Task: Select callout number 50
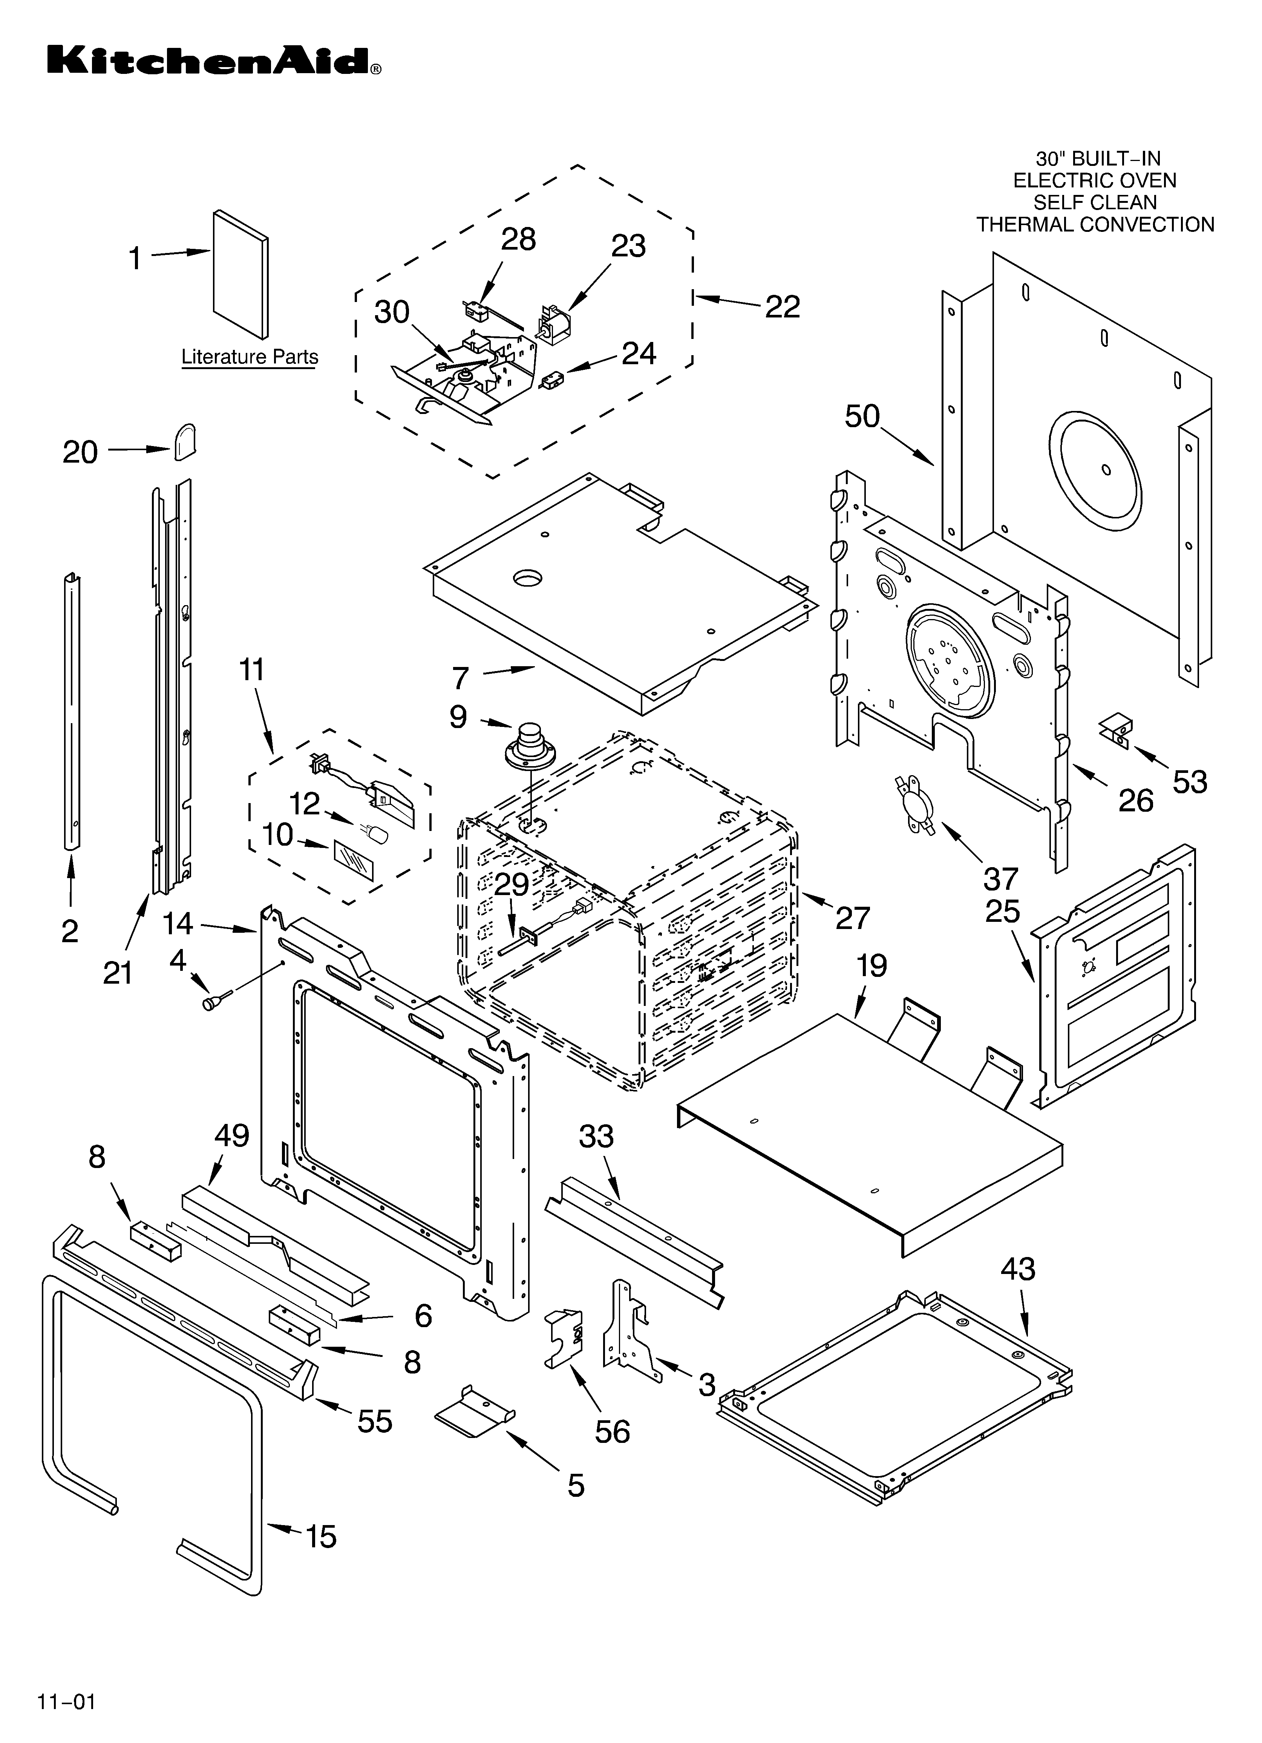click(862, 417)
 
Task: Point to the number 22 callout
click(783, 307)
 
